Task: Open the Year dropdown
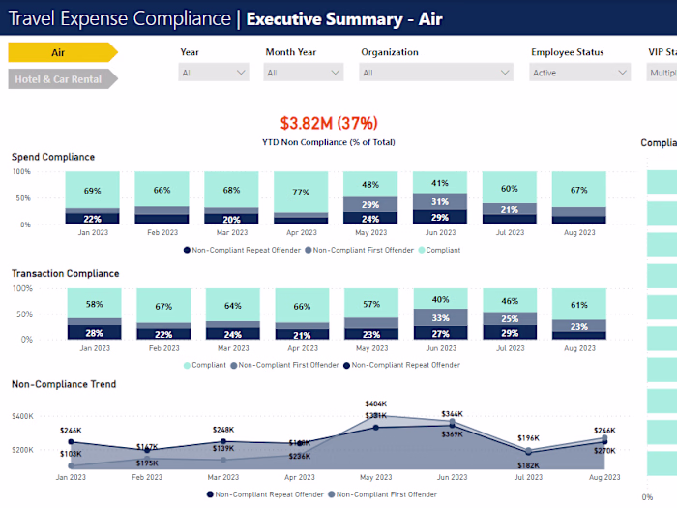(x=213, y=73)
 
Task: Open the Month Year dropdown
(x=304, y=73)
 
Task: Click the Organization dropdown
(x=436, y=73)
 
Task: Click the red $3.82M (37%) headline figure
(x=329, y=123)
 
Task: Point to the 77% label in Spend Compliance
(x=301, y=193)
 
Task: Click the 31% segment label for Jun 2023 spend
(x=440, y=201)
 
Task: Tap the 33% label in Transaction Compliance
(x=440, y=317)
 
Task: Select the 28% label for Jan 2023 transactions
(x=94, y=333)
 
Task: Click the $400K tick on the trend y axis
(x=23, y=416)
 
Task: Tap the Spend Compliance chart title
(x=53, y=157)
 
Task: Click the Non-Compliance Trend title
(x=64, y=384)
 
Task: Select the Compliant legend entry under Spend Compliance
(x=441, y=250)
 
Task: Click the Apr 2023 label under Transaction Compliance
(x=301, y=348)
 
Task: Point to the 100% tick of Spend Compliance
(x=21, y=172)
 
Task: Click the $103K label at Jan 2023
(x=71, y=454)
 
